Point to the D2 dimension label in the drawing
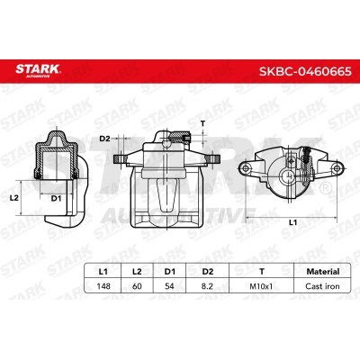coord(104,139)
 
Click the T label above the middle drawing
coord(205,123)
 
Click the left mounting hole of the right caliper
coord(248,167)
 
